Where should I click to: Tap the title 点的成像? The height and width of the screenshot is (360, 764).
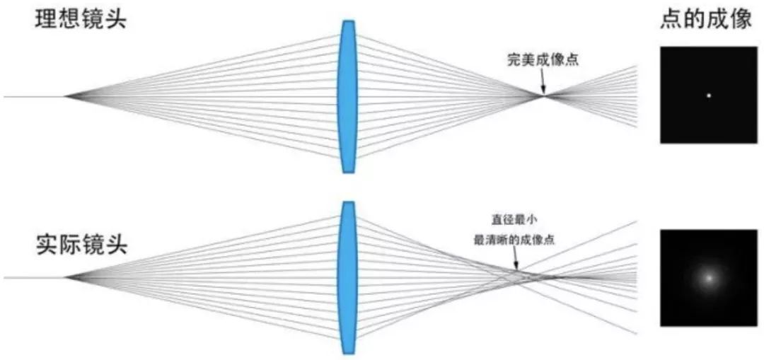coord(706,20)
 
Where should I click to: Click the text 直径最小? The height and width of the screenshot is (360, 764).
coord(516,220)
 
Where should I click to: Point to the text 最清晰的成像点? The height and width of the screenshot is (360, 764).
coord(514,239)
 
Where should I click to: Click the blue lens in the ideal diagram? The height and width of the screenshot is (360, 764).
coord(348,96)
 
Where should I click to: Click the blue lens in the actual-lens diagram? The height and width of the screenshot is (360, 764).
coord(348,277)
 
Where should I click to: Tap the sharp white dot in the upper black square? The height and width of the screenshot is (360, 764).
coord(709,95)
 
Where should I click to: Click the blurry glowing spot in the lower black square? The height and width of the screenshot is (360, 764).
coord(709,278)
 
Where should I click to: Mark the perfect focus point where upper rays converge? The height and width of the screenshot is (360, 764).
coord(544,96)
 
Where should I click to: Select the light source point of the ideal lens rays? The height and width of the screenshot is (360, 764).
coord(65,96)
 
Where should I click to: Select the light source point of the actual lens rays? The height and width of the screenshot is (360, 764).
coord(65,277)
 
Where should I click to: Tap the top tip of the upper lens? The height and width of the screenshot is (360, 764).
coord(348,21)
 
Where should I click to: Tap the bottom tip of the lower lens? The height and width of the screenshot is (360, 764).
coord(348,354)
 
